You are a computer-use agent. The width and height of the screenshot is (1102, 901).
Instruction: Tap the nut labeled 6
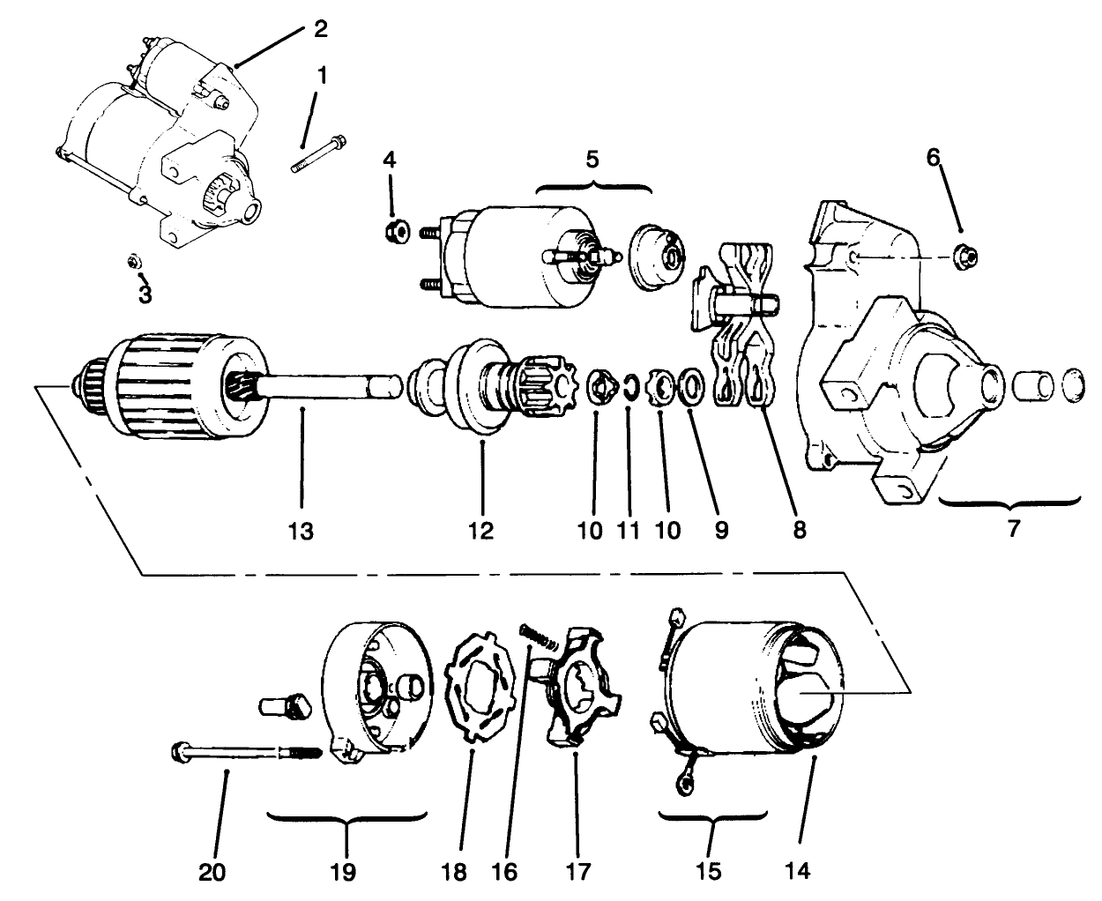pos(964,256)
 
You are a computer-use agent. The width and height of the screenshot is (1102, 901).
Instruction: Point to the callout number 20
pos(212,872)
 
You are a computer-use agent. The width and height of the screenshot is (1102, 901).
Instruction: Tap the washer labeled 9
pos(690,386)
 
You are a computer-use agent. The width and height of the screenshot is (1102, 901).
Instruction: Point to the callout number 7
pos(1012,531)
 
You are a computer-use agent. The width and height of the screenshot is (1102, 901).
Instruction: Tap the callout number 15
pos(710,872)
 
